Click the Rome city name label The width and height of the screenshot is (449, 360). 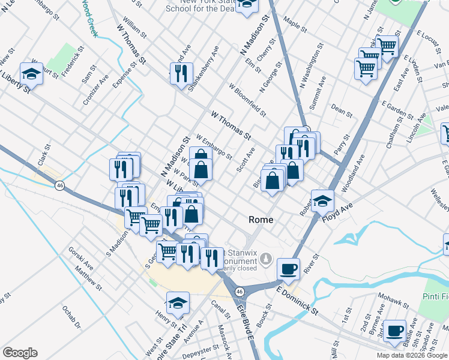tap(261, 220)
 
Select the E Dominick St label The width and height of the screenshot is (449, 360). tap(298, 298)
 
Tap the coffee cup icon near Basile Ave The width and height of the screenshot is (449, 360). tap(394, 331)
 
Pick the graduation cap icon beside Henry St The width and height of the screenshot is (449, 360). tap(178, 303)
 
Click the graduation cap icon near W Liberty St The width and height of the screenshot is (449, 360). tap(31, 74)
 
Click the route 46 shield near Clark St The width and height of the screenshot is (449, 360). tap(59, 186)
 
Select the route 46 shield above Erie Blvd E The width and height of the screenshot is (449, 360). tap(239, 291)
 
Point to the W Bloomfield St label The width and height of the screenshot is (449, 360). tap(247, 99)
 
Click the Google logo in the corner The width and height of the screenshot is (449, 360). tap(20, 353)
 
